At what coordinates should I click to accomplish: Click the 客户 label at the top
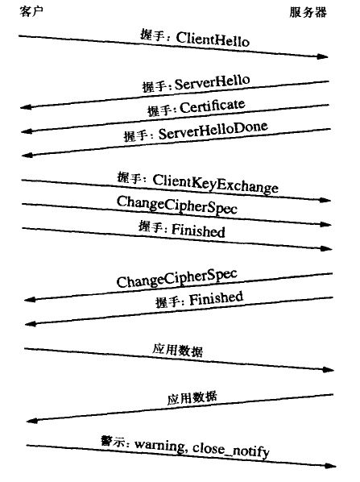tap(31, 11)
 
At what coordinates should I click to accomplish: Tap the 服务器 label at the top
tap(308, 12)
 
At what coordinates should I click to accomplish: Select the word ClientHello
tap(213, 39)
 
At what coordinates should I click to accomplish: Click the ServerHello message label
tap(213, 82)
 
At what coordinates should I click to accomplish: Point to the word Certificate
tap(213, 107)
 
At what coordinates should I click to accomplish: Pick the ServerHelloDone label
tap(213, 131)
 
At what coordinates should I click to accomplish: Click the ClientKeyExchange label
tap(215, 184)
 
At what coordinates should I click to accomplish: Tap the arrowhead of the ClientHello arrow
tap(323, 56)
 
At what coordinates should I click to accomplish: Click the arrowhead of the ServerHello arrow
tap(26, 107)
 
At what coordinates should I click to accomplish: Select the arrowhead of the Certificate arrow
tap(27, 131)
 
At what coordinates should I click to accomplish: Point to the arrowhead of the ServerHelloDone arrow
tap(27, 156)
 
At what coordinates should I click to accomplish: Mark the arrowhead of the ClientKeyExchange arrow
tap(325, 201)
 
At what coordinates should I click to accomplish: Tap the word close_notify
tap(231, 451)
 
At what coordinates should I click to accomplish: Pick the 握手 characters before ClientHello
tap(152, 35)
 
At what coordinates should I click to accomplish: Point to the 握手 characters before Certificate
tap(159, 110)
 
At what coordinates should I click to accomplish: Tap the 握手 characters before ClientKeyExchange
tap(129, 178)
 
